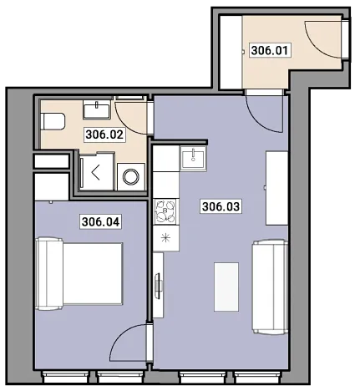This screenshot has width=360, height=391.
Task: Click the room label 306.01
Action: tap(270, 50)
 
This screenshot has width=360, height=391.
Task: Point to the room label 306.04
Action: tap(99, 221)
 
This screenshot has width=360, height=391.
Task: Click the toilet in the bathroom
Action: tap(52, 121)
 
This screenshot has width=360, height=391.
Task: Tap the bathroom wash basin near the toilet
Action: tap(99, 109)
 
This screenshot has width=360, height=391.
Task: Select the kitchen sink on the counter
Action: tap(193, 155)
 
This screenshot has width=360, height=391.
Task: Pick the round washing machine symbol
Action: tap(130, 175)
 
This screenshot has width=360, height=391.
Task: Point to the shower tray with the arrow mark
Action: tap(97, 174)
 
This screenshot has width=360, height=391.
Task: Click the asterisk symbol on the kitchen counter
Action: tap(165, 239)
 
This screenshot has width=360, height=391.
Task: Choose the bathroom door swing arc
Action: tap(132, 114)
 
